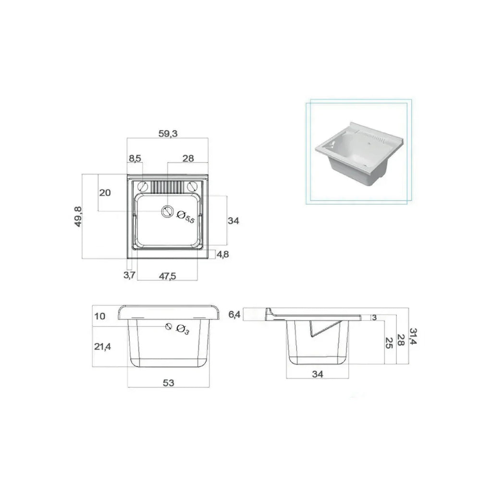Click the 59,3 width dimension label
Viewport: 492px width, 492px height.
tap(168, 134)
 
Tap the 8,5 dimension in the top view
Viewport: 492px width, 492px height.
tap(135, 159)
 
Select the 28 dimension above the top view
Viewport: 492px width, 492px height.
tap(188, 159)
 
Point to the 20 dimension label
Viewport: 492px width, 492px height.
tap(105, 193)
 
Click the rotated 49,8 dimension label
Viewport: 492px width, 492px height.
tap(78, 217)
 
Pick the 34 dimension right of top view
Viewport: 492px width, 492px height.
tap(234, 221)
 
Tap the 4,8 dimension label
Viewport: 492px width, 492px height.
tap(223, 255)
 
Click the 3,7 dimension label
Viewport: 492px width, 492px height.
tap(129, 275)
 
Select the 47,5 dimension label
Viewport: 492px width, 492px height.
tap(168, 276)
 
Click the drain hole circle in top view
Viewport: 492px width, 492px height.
tap(167, 211)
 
